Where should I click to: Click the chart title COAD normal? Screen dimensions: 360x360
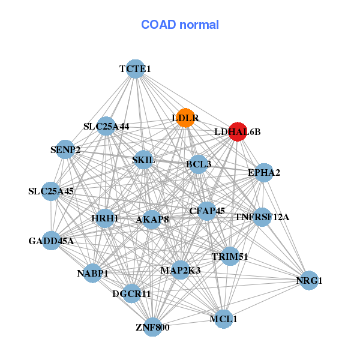180,25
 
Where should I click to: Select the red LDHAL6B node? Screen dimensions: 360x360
238,131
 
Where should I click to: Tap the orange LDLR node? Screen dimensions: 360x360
185,118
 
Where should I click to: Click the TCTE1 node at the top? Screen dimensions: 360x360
135,69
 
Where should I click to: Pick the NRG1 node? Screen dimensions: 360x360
308,280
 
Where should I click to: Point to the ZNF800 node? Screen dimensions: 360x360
152,327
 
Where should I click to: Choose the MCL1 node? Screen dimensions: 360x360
223,319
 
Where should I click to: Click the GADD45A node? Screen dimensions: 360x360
51,241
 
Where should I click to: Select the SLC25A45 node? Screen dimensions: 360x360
51,192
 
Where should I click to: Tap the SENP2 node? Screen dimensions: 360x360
65,149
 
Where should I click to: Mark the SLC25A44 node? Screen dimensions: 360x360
106,127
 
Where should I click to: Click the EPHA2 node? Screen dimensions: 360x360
264,173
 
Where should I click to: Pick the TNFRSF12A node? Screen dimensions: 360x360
262,217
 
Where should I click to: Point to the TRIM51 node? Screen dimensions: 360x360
230,257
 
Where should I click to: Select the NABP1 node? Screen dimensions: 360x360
92,274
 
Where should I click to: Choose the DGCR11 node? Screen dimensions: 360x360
131,294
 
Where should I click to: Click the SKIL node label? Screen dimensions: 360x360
143,160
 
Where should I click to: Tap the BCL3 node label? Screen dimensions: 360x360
199,164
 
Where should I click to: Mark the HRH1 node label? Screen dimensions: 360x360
106,218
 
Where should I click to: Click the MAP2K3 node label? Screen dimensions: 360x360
180,271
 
